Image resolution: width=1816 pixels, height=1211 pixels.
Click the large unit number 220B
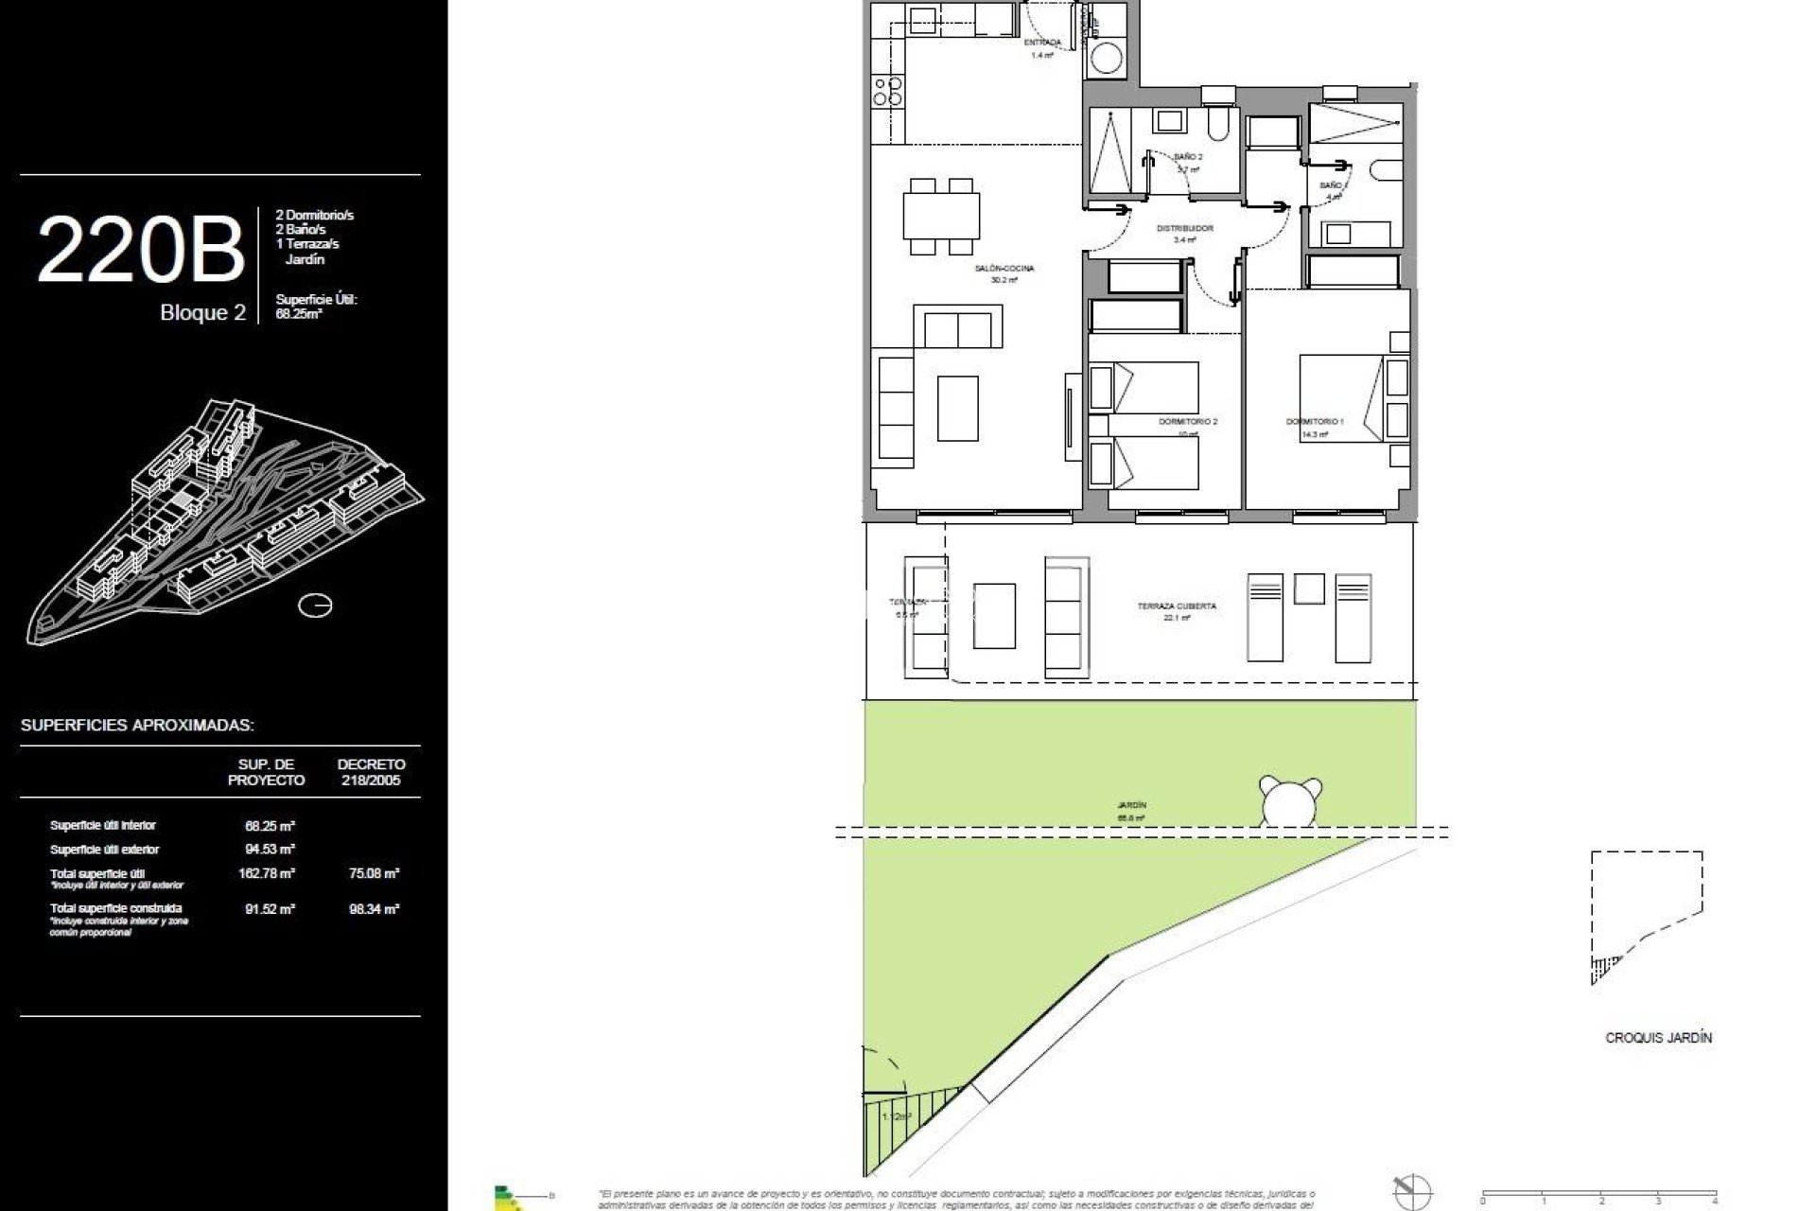(141, 250)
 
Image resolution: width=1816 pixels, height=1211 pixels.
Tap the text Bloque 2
(202, 313)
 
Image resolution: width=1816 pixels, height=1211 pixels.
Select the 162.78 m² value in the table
(267, 873)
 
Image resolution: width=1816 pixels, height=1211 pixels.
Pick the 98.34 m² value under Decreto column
(374, 908)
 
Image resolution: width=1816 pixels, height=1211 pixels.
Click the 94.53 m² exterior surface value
(270, 849)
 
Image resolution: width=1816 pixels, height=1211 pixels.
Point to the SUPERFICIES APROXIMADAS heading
(137, 726)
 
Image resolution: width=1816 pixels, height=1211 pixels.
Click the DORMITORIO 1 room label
(1314, 421)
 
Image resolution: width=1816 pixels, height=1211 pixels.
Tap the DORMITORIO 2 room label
(1187, 421)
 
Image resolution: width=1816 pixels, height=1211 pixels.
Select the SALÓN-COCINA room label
(1004, 269)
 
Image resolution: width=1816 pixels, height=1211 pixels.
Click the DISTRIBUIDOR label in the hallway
(1184, 229)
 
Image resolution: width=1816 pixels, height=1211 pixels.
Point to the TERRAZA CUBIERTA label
(1177, 605)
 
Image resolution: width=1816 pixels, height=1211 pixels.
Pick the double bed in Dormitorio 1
(1341, 397)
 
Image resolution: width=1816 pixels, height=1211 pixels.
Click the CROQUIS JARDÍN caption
(1658, 1038)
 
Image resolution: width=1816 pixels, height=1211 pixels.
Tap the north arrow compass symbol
(1412, 1191)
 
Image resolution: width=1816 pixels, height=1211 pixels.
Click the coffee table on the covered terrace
(994, 616)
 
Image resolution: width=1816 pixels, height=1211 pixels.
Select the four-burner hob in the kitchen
(886, 90)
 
